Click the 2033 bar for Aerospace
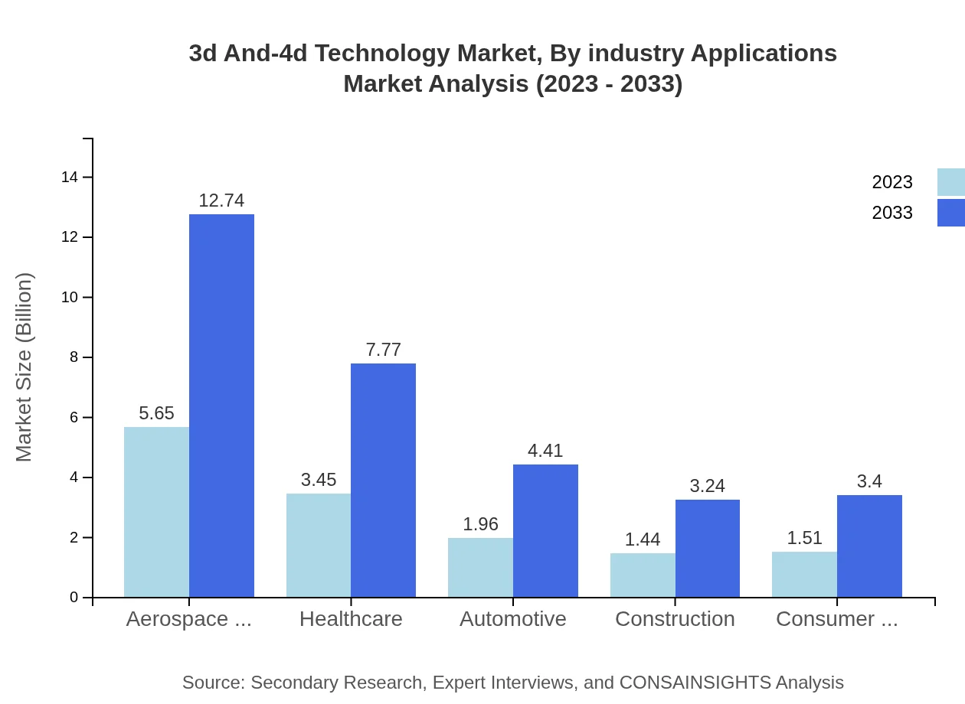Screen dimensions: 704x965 pyautogui.click(x=221, y=406)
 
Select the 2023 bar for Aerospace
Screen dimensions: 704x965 pyautogui.click(x=156, y=512)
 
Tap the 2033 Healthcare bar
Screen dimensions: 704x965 pyautogui.click(x=383, y=480)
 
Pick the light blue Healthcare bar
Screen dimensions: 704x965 pyautogui.click(x=319, y=545)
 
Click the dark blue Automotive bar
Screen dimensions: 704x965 pyautogui.click(x=545, y=530)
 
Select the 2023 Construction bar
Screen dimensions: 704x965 pyautogui.click(x=643, y=575)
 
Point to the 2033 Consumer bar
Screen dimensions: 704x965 pyautogui.click(x=869, y=546)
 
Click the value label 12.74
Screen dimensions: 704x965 pyautogui.click(x=221, y=200)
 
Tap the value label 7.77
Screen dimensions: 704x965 pyautogui.click(x=383, y=350)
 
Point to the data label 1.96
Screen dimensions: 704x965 pyautogui.click(x=480, y=524)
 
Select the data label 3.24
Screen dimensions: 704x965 pyautogui.click(x=707, y=486)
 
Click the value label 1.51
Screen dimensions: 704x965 pyautogui.click(x=804, y=538)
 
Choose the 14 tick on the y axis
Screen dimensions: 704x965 pyautogui.click(x=70, y=178)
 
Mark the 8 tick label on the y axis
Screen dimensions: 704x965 pyautogui.click(x=74, y=357)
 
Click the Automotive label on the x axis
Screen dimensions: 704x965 pyautogui.click(x=512, y=619)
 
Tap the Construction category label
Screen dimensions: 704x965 pyautogui.click(x=675, y=619)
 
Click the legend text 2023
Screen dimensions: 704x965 pyautogui.click(x=892, y=182)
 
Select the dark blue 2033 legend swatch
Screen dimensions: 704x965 pyautogui.click(x=950, y=213)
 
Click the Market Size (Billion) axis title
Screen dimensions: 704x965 pyautogui.click(x=25, y=367)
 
